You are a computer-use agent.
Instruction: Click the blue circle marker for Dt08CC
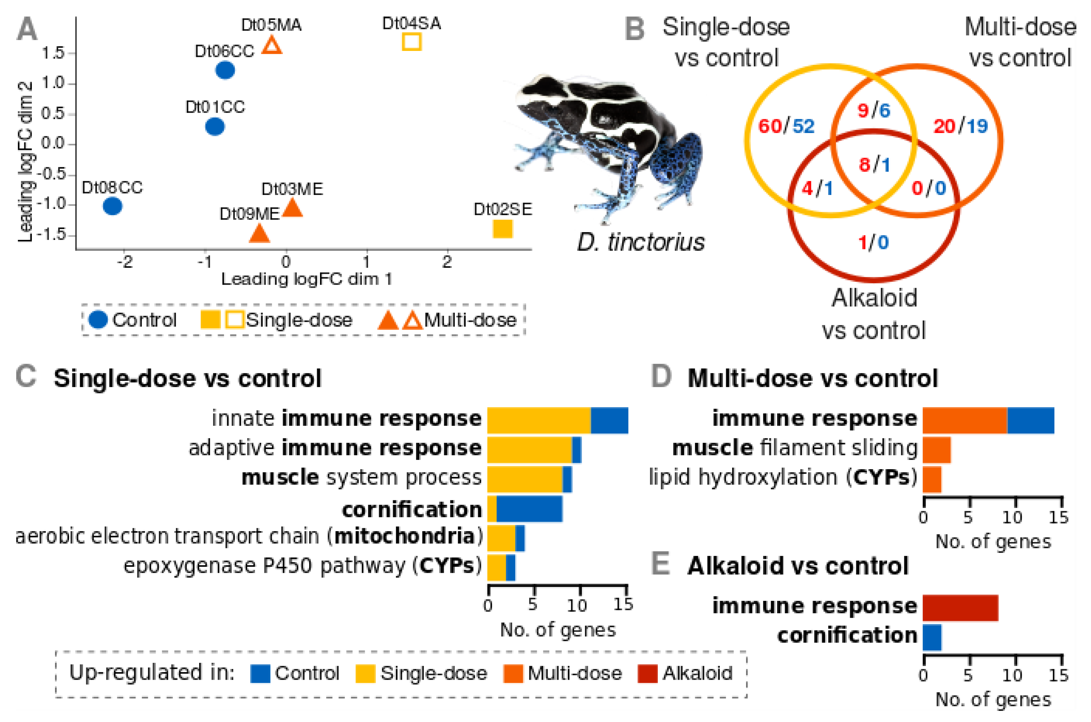[x=112, y=206]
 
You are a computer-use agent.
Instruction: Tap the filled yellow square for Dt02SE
[x=502, y=229]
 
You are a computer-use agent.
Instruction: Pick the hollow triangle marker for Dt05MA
[x=272, y=45]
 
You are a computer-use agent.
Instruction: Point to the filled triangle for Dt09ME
[x=259, y=234]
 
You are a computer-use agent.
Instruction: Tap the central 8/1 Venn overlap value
[x=874, y=164]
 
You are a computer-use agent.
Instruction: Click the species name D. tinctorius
[x=641, y=242]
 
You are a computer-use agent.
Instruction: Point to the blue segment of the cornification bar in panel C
[x=529, y=509]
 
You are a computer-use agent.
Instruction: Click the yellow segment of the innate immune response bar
[x=539, y=420]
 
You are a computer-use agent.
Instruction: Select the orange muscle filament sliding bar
[x=937, y=450]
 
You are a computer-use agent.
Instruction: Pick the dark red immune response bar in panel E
[x=960, y=608]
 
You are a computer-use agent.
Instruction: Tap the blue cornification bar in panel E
[x=932, y=637]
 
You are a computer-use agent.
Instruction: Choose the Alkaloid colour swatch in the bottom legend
[x=647, y=674]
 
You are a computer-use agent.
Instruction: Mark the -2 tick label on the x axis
[x=124, y=262]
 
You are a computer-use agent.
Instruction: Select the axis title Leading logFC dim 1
[x=307, y=279]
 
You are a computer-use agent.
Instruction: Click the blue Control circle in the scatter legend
[x=98, y=319]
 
